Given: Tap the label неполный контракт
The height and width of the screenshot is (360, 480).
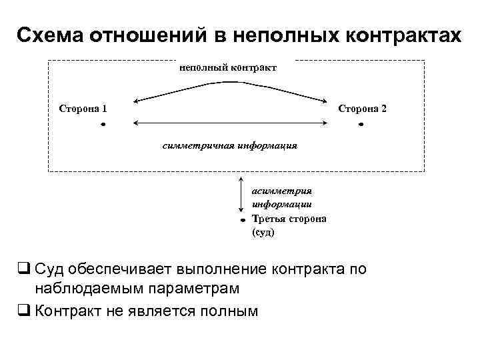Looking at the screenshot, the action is pos(227,67).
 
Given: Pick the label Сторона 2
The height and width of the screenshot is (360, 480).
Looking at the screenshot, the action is pos(362,107).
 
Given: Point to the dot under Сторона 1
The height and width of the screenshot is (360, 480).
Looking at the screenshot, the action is pos(104,125).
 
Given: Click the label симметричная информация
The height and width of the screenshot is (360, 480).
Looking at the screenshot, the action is pos(230,145).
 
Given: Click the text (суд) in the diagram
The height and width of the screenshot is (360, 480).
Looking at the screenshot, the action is pos(263,233).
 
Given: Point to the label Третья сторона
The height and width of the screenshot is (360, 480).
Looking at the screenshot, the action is pos(289,219).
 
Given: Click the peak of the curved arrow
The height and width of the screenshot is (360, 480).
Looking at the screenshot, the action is pos(231,82).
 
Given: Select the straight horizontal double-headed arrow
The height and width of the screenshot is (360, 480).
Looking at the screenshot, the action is pos(231,122).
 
